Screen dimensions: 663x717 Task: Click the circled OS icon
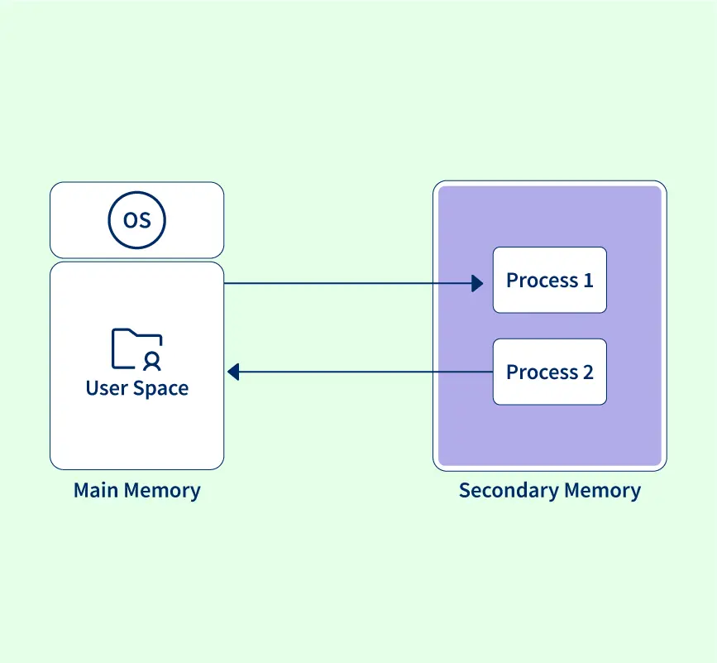(137, 220)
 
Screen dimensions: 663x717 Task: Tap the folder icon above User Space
(136, 348)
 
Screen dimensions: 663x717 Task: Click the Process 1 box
(549, 280)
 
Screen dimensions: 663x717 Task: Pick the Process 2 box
(549, 372)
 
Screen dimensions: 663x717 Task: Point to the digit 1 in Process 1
(588, 281)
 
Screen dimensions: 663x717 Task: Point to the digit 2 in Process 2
(588, 372)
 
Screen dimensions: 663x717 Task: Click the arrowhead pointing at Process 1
(477, 283)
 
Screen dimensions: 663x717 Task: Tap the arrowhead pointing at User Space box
(233, 372)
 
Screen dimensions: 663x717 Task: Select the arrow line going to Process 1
(347, 283)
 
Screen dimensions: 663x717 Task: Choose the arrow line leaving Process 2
(364, 372)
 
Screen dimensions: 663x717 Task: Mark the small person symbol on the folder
(151, 360)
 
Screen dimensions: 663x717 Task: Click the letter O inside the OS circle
(130, 220)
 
